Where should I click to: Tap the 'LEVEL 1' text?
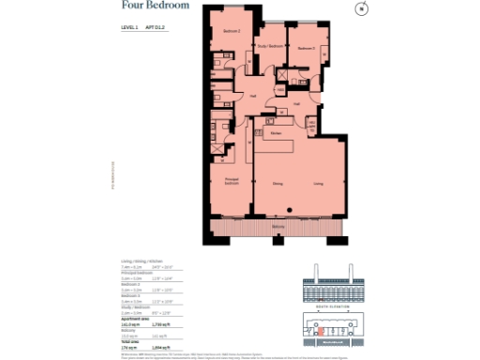129,29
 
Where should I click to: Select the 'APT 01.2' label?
155,29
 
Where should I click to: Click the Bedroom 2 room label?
232,31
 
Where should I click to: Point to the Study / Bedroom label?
270,45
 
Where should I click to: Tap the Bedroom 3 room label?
307,47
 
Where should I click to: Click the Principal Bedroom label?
232,180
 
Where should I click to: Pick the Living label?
319,184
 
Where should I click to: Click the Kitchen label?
277,134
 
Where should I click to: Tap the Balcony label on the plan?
278,228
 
